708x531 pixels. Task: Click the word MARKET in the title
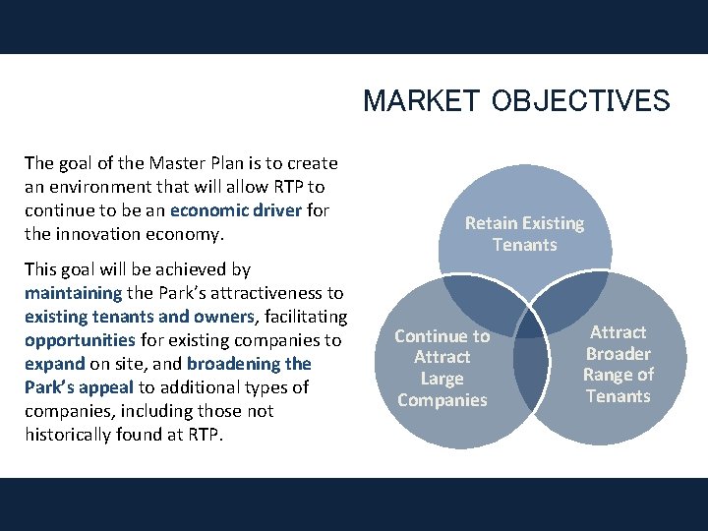(x=422, y=101)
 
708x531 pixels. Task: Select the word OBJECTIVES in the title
(x=579, y=101)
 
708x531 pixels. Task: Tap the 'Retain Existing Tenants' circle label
(x=524, y=234)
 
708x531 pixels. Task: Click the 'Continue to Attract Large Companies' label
(x=442, y=368)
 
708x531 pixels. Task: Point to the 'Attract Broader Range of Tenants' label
(x=618, y=364)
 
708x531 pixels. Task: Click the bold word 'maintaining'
(x=73, y=293)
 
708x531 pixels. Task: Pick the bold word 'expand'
(x=55, y=364)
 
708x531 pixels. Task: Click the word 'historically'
(x=71, y=435)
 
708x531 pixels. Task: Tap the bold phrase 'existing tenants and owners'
(x=140, y=317)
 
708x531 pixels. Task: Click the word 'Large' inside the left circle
(x=442, y=379)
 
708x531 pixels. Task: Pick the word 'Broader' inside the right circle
(x=618, y=354)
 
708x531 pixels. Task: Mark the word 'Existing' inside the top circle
(x=552, y=223)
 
